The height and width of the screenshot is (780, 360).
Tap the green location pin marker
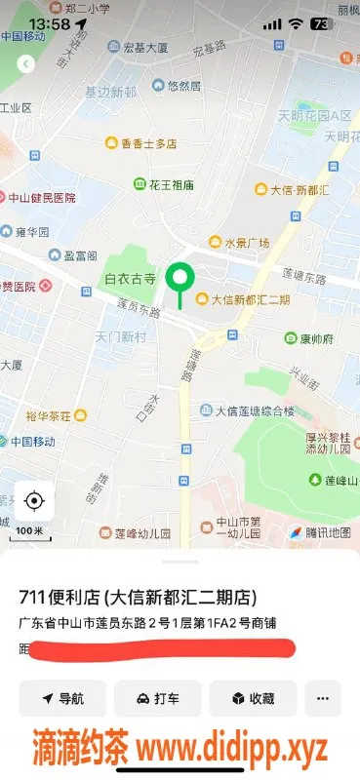click(179, 280)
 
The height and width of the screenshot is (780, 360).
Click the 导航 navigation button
click(62, 698)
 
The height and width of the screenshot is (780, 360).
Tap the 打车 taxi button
click(157, 698)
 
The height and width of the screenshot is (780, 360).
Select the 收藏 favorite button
click(252, 698)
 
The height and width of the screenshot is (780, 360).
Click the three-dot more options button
click(323, 698)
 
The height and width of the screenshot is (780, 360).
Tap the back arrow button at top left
click(26, 63)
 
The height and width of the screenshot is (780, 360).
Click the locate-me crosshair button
click(34, 501)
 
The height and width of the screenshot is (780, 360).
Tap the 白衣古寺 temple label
click(130, 279)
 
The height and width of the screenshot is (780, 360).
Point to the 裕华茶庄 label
click(49, 416)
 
